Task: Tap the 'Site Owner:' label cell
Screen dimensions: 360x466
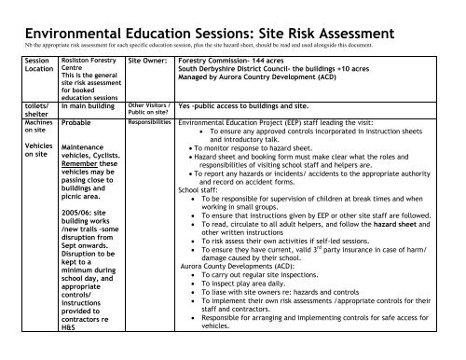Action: pyautogui.click(x=147, y=58)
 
